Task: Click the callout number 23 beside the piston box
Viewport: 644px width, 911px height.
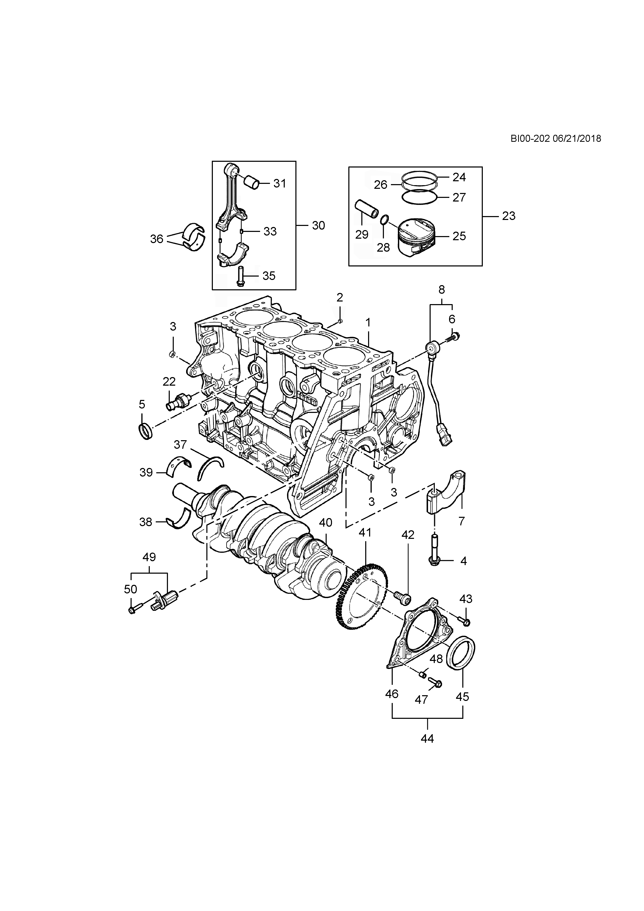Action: (509, 216)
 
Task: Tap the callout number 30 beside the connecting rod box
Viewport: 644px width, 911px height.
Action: (318, 225)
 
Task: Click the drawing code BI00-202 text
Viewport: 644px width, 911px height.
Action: (529, 138)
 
